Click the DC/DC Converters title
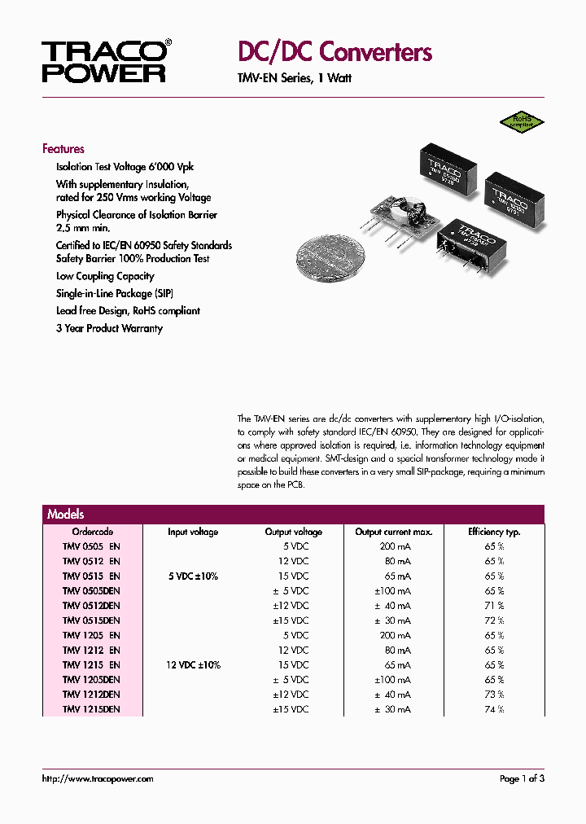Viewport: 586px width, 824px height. point(335,53)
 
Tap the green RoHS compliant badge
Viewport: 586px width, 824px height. point(522,122)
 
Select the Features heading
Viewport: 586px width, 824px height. point(63,149)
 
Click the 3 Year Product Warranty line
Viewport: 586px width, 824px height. point(109,329)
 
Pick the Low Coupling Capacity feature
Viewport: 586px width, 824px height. point(105,277)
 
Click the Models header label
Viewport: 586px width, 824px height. point(66,515)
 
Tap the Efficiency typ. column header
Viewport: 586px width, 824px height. point(494,532)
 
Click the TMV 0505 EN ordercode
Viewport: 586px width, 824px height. point(91,546)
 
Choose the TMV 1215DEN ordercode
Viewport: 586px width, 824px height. point(91,709)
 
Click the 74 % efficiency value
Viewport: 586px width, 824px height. point(494,709)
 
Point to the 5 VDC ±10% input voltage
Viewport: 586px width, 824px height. point(193,576)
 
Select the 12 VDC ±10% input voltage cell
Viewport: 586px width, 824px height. point(193,665)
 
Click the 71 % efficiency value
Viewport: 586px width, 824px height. point(494,606)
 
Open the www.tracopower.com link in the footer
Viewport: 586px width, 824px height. point(98,779)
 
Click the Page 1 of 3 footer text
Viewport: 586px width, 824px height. point(522,779)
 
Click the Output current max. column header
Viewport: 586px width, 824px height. point(394,532)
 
